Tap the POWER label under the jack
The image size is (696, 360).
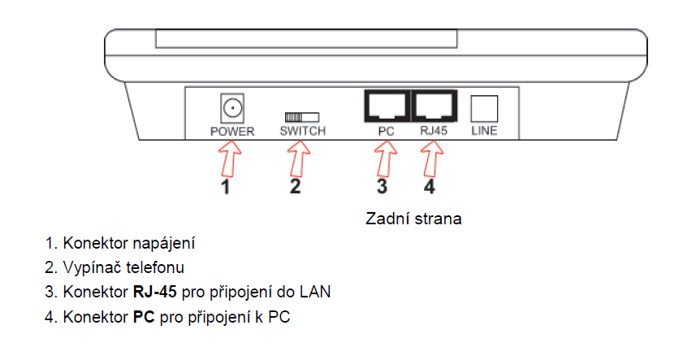pos(232,131)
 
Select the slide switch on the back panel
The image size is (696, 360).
pos(301,117)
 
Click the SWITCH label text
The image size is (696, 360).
pos(302,131)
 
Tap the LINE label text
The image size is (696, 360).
pos(484,131)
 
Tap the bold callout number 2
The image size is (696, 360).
pos(296,188)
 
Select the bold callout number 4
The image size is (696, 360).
pos(431,188)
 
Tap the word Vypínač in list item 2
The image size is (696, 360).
pos(91,267)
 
